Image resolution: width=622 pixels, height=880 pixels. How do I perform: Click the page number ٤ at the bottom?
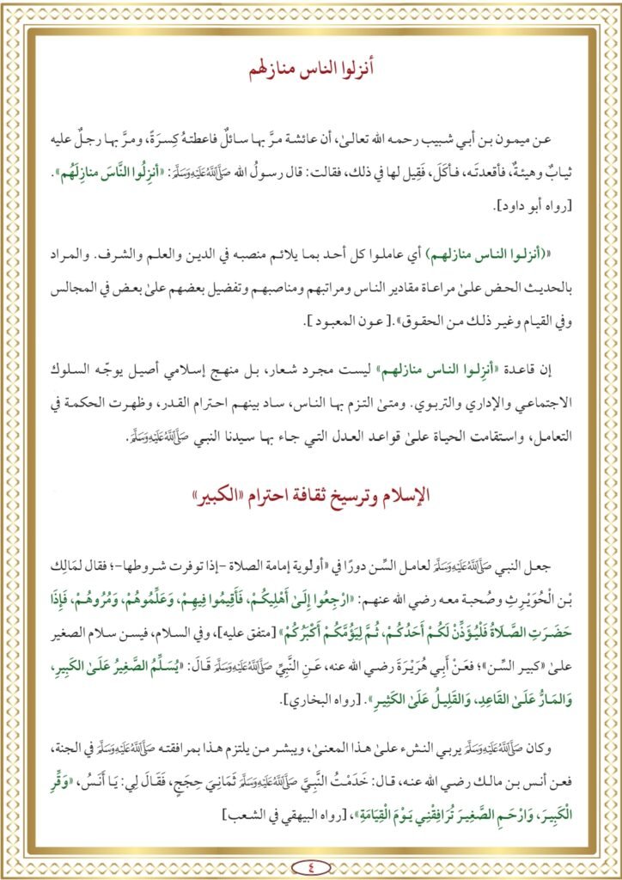pos(310,843)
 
